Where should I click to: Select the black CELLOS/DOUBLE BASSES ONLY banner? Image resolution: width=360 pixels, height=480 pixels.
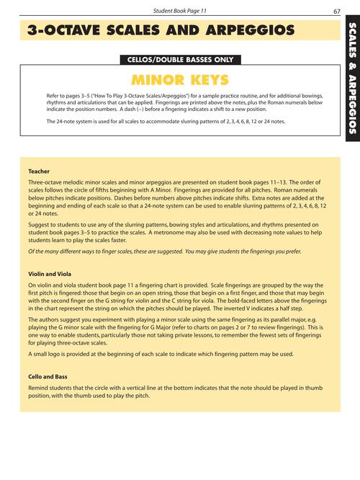(180, 60)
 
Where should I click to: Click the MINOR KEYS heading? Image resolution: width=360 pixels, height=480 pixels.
(180, 79)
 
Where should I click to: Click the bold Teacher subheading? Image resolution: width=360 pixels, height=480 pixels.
(39, 172)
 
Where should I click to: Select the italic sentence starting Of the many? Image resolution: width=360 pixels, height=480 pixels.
(165, 252)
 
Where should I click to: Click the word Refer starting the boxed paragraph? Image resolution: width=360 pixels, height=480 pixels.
(53, 96)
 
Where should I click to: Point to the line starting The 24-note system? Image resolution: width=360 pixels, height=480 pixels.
(165, 122)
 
